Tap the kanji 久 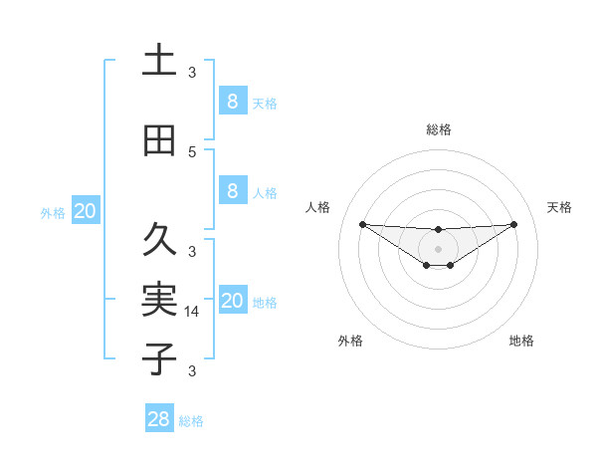point(159,240)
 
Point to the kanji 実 point(159,299)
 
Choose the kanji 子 point(159,358)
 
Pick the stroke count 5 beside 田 point(192,152)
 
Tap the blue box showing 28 point(159,419)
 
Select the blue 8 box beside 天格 point(232,101)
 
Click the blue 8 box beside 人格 point(232,190)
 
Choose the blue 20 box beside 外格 point(86,210)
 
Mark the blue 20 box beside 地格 point(232,301)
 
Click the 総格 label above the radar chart point(439,129)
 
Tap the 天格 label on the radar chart point(560,207)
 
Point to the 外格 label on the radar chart point(350,341)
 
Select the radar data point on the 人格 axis point(362,224)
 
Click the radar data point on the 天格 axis point(514,224)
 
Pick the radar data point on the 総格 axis point(439,230)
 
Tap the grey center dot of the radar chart point(439,248)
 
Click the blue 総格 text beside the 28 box point(191,421)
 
